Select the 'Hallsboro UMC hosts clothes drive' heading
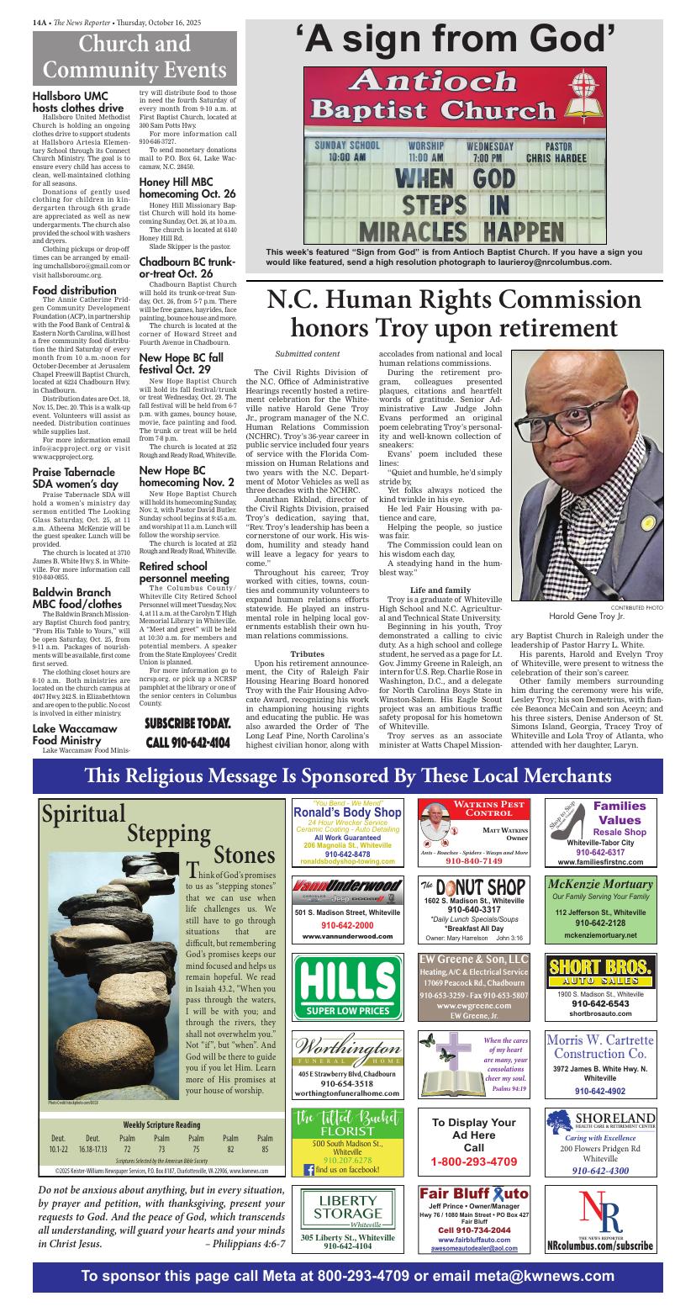[x=78, y=102]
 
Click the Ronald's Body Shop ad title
[x=347, y=812]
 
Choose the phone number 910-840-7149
[x=473, y=861]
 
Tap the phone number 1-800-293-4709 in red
[x=473, y=1162]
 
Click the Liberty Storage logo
[x=347, y=1209]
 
